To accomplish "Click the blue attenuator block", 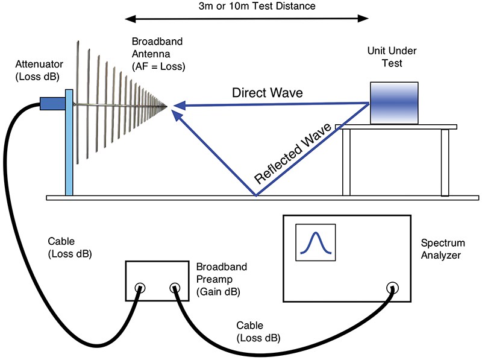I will pos(51,104).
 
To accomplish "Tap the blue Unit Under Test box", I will pos(393,103).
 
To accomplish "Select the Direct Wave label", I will pos(268,93).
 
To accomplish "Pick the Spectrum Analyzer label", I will pos(443,248).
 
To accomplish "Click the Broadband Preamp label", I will pos(222,279).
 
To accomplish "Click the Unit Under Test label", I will pos(393,58).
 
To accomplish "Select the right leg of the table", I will pos(445,162).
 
